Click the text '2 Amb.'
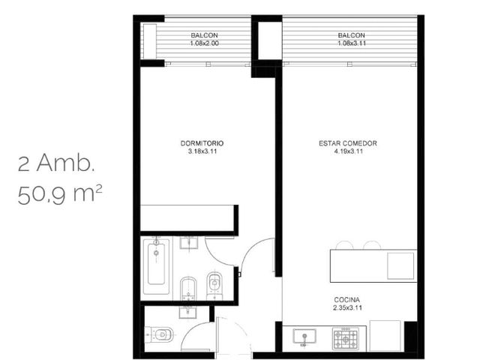point(56,163)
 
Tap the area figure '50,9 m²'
point(60,195)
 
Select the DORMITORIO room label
point(202,143)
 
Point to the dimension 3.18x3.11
point(202,151)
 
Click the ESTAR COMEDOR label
point(348,143)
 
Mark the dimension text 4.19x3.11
point(349,151)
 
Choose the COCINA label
point(346,300)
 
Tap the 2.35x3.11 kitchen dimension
point(347,307)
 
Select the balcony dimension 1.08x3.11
point(352,43)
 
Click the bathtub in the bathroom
point(156,266)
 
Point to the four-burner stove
point(345,339)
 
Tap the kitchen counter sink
point(304,337)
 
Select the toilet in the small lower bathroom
point(159,334)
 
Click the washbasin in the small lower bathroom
point(187,312)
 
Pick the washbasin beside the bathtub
point(188,242)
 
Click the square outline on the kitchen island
point(400,266)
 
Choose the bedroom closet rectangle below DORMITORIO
point(187,218)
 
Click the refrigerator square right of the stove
point(385,336)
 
